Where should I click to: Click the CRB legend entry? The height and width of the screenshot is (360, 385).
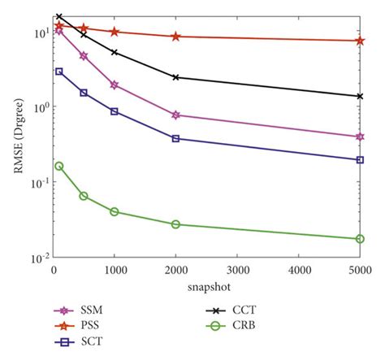point(231,326)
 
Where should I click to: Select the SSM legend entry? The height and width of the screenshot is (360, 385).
point(79,310)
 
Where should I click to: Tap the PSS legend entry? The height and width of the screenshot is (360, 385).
point(76,326)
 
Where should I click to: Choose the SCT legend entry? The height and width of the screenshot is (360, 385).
point(79,342)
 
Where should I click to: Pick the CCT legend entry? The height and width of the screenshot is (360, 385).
point(231,310)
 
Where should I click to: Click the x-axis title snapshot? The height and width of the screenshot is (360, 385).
point(209,287)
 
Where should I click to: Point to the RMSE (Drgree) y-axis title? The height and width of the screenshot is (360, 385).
point(19,136)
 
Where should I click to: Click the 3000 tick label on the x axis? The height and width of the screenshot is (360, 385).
point(237,270)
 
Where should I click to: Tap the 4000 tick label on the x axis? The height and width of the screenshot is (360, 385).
point(299,270)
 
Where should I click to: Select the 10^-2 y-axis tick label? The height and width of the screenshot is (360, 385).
point(40,258)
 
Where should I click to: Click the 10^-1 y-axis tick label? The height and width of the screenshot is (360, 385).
point(40,183)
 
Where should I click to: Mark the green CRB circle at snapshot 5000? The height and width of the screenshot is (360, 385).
point(360,239)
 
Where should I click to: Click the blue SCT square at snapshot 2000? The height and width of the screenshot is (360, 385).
point(175,139)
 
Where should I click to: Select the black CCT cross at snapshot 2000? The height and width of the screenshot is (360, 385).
point(175,77)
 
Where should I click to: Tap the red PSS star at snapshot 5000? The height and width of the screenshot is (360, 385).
point(360,41)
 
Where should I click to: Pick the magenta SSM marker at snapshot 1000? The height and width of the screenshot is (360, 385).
point(115,85)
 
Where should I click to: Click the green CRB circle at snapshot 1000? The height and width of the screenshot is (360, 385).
point(115,211)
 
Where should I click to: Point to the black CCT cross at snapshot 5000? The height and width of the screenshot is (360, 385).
point(360,96)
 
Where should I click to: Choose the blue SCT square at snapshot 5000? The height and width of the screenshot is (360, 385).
point(360,160)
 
